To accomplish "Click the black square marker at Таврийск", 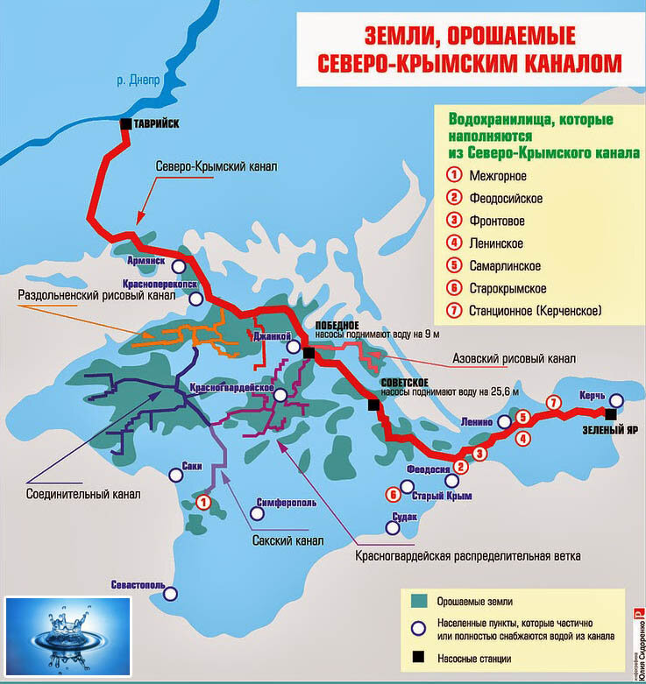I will pyautogui.click(x=126, y=124).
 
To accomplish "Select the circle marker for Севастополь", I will pyautogui.click(x=171, y=593).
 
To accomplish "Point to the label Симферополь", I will pyautogui.click(x=287, y=503).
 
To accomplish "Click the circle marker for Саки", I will pyautogui.click(x=176, y=475).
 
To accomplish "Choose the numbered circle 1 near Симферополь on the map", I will pyautogui.click(x=203, y=502).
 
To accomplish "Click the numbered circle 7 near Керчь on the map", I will pyautogui.click(x=552, y=403).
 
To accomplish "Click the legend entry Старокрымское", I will pyautogui.click(x=508, y=287).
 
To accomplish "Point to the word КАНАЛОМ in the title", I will pyautogui.click(x=571, y=63).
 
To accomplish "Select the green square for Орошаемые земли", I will pyautogui.click(x=418, y=601).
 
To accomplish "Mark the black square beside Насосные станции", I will pyautogui.click(x=418, y=658).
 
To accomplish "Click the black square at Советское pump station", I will pyautogui.click(x=373, y=405).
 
